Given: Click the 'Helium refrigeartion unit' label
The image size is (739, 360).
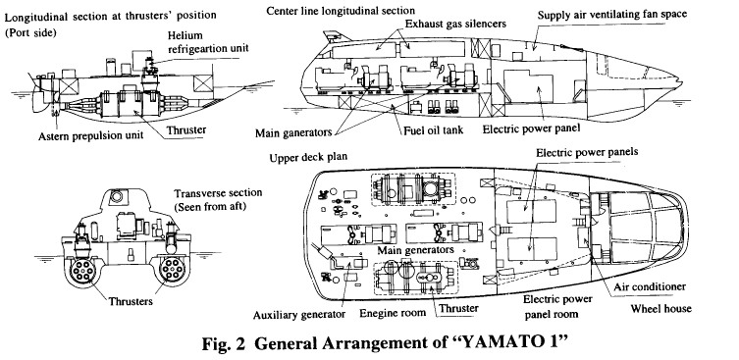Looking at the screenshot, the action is [x=208, y=41].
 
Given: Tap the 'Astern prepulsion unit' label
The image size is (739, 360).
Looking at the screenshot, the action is [x=90, y=136].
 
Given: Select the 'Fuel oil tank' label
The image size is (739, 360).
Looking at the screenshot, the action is [x=433, y=130].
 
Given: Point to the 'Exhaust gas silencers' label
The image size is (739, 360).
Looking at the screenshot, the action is [x=455, y=24].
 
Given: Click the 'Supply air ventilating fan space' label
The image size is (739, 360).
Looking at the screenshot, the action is [x=612, y=15].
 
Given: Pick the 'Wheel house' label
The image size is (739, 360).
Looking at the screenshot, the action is [x=660, y=309].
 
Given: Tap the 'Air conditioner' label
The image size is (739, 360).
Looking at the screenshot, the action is [x=650, y=286].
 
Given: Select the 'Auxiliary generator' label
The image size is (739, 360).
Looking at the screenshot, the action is [x=299, y=314].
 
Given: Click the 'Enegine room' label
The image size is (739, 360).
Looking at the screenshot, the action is [x=393, y=312].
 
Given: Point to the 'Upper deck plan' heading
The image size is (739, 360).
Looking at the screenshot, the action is [x=308, y=157].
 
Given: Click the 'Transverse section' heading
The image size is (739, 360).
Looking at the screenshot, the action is [x=218, y=193].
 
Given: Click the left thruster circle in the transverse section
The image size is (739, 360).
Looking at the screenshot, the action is [x=83, y=271].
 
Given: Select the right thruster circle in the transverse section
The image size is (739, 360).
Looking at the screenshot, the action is [x=172, y=270].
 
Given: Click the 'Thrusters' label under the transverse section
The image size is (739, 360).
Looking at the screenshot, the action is [x=131, y=301].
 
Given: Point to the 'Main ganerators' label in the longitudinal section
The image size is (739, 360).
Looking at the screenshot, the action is [x=293, y=132].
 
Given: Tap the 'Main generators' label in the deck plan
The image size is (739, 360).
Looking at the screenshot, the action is [x=415, y=250].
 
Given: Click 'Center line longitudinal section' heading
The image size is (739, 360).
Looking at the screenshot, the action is [x=341, y=11].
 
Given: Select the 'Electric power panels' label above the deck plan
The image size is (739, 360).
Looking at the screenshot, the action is [x=587, y=152].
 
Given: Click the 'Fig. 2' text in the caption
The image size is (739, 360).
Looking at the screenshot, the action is [x=224, y=343].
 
